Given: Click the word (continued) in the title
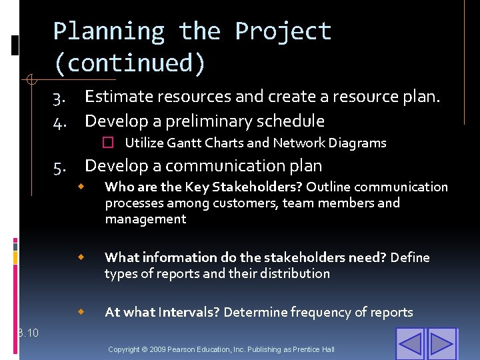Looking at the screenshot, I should pyautogui.click(x=130, y=63).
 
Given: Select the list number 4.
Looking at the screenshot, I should pyautogui.click(x=59, y=122).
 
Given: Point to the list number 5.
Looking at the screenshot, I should pyautogui.click(x=59, y=167).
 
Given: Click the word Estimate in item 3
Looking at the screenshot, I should pyautogui.click(x=118, y=97).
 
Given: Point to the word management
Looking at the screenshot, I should pyautogui.click(x=145, y=219).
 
